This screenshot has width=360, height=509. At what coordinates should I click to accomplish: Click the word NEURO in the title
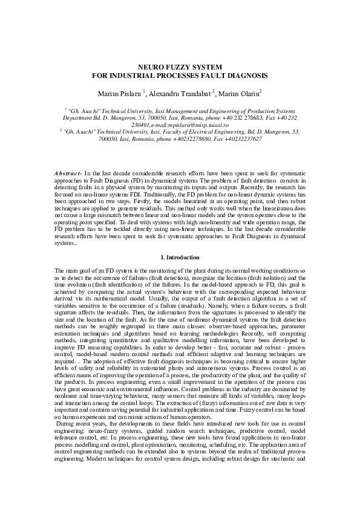click(x=148, y=66)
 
